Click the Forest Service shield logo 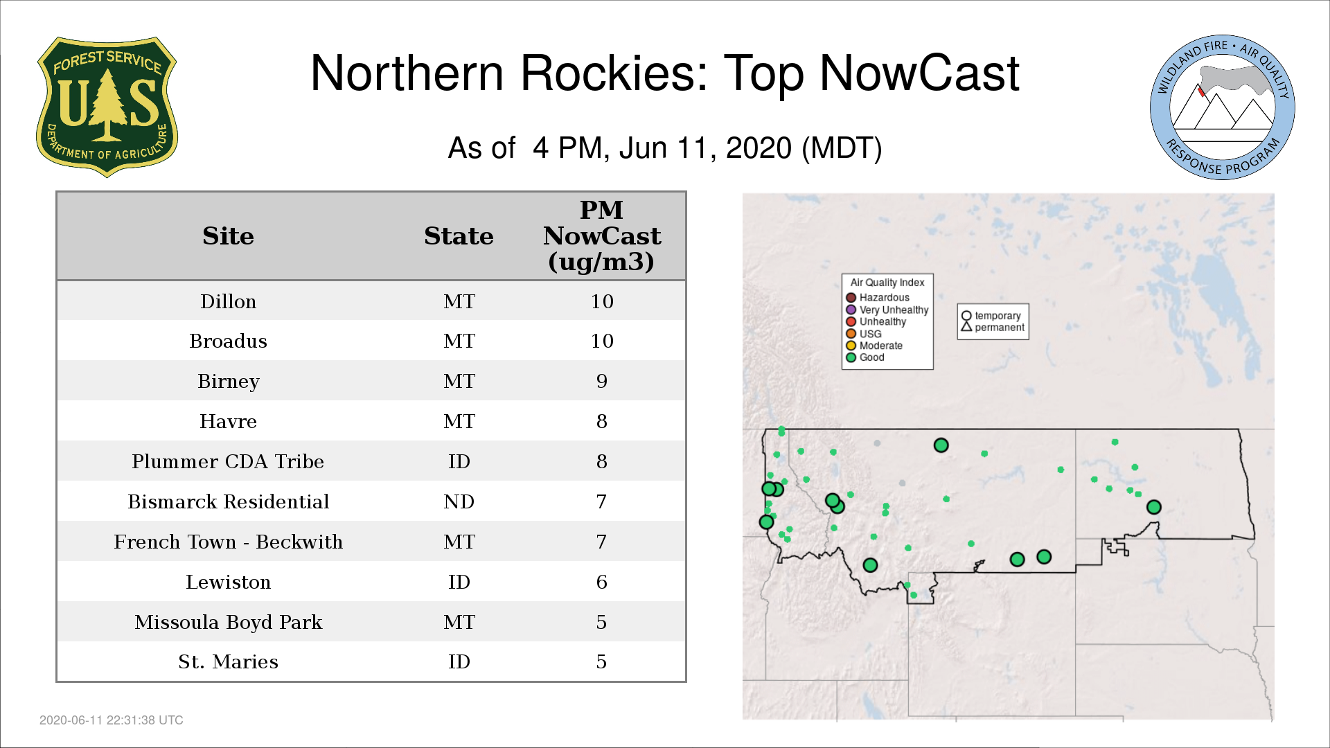[107, 107]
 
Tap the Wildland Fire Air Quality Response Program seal [1223, 107]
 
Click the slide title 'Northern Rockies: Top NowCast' [664, 73]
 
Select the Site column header [228, 236]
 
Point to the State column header [459, 236]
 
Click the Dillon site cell [228, 301]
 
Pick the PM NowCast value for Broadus [602, 341]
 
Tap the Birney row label [228, 381]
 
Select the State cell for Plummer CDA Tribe [459, 461]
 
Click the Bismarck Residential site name [228, 501]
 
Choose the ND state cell [459, 501]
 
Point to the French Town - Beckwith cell [228, 542]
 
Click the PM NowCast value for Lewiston [601, 582]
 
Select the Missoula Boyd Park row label [228, 622]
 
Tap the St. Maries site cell [228, 661]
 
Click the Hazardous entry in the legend [878, 298]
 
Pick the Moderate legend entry [874, 346]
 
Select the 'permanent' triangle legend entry [993, 328]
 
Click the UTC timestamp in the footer [112, 720]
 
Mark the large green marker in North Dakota [1153, 507]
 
